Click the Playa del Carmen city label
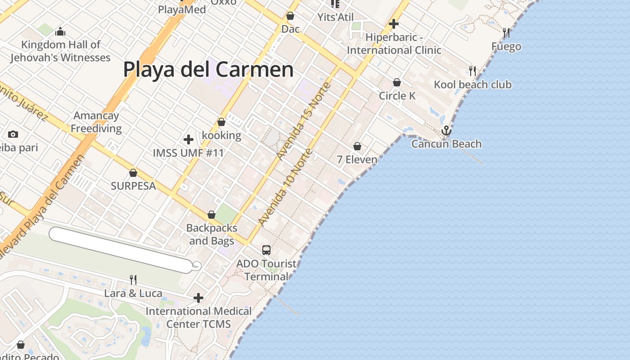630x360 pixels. pos(208,70)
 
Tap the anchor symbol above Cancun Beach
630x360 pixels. pos(446,130)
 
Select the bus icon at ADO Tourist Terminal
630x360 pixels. pos(266,250)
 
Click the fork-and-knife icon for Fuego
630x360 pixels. pos(506,33)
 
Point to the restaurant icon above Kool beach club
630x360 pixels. pos(472,71)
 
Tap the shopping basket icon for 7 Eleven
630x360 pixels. pos(357,146)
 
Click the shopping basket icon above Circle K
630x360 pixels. pos(397,82)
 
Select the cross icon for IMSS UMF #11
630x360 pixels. pos(189,139)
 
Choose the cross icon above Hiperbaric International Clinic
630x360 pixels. pos(394,23)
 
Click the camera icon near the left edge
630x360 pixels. pos(13,134)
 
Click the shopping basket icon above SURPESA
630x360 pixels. pos(133,173)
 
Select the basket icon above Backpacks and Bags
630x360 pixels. pos(211,215)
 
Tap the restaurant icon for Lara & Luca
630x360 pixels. pos(133,280)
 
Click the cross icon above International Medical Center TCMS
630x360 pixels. pos(198,297)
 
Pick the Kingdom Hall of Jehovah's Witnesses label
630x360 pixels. pos(61,51)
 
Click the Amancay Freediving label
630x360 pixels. pos(96,122)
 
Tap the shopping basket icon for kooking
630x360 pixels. pos(221,122)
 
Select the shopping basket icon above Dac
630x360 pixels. pos(290,16)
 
